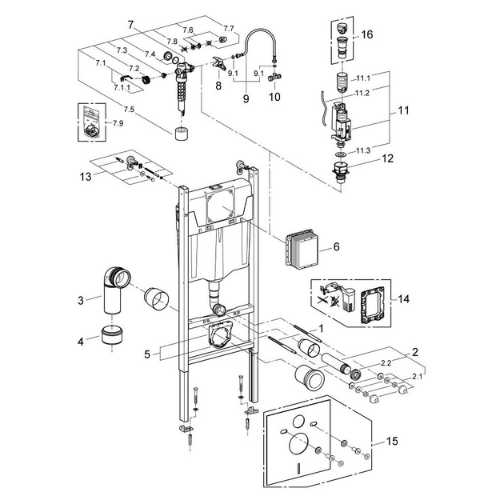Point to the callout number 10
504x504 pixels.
[x=275, y=98]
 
